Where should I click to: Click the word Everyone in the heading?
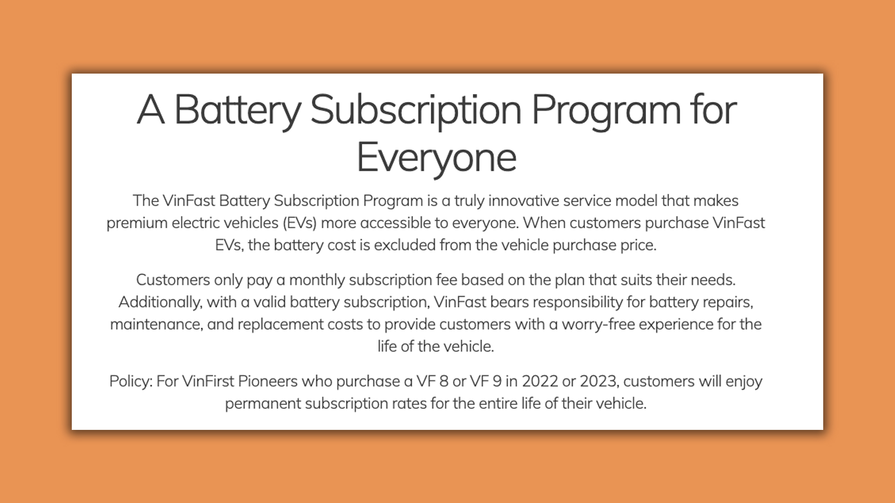pos(436,158)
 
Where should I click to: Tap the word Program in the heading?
pos(606,110)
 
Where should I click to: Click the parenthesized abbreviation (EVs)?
pos(300,223)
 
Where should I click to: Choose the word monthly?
pos(317,280)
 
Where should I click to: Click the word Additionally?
pos(160,303)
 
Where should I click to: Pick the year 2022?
pos(540,381)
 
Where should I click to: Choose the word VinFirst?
pos(208,381)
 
